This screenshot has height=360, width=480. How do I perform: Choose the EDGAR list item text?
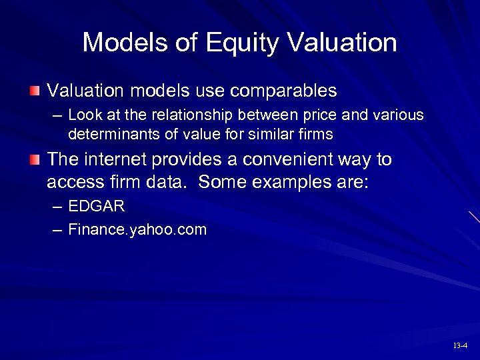[x=97, y=207]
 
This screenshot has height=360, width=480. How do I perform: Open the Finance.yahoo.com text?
[x=137, y=230]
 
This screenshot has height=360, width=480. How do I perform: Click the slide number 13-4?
[x=459, y=345]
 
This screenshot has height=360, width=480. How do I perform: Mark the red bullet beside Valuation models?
[x=35, y=90]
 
